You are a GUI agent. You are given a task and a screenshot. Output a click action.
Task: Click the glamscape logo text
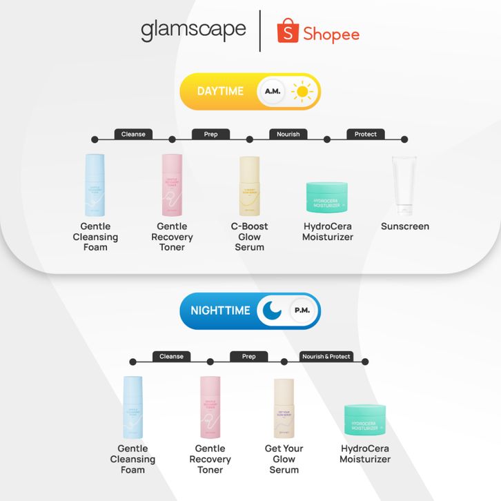coord(193,30)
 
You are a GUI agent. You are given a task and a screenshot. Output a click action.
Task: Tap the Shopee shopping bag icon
coord(288,32)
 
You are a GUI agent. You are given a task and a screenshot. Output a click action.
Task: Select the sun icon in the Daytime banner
coord(302,91)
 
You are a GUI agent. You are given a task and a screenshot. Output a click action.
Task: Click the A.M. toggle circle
coord(272,91)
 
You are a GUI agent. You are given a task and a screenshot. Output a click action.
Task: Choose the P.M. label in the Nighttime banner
coord(302,311)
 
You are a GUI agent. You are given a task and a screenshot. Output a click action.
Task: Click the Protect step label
coord(365,134)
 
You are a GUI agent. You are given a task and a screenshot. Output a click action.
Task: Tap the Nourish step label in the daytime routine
coord(288,134)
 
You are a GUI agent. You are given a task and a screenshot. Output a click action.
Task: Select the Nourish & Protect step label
coord(326,356)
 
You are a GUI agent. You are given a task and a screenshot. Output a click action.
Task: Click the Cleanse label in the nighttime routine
coord(171,356)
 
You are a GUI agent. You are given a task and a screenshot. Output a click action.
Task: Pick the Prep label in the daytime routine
coord(210,134)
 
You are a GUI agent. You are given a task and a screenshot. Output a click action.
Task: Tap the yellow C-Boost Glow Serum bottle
coord(249,185)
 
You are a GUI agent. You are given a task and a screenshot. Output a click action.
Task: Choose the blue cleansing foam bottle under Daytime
coord(95,184)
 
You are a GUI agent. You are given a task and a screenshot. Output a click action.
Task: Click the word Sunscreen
coord(405,226)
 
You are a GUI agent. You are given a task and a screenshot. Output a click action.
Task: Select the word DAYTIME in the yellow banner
coord(220,91)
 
